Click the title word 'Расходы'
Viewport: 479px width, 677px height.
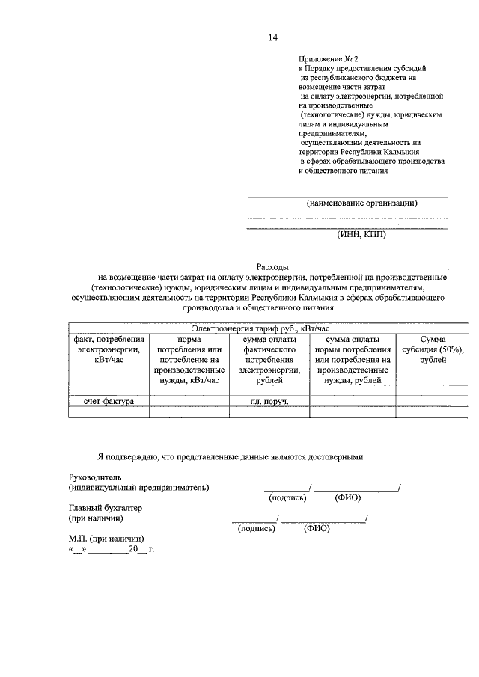(x=272, y=267)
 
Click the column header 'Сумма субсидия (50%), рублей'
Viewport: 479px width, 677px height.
(x=433, y=349)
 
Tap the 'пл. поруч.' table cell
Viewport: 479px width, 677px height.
(x=269, y=402)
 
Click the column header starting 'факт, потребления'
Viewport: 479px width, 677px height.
(x=109, y=349)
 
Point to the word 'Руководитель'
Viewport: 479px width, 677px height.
(x=94, y=477)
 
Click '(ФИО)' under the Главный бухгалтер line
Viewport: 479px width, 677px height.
(x=317, y=528)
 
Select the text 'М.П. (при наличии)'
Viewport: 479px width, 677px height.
(x=106, y=539)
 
